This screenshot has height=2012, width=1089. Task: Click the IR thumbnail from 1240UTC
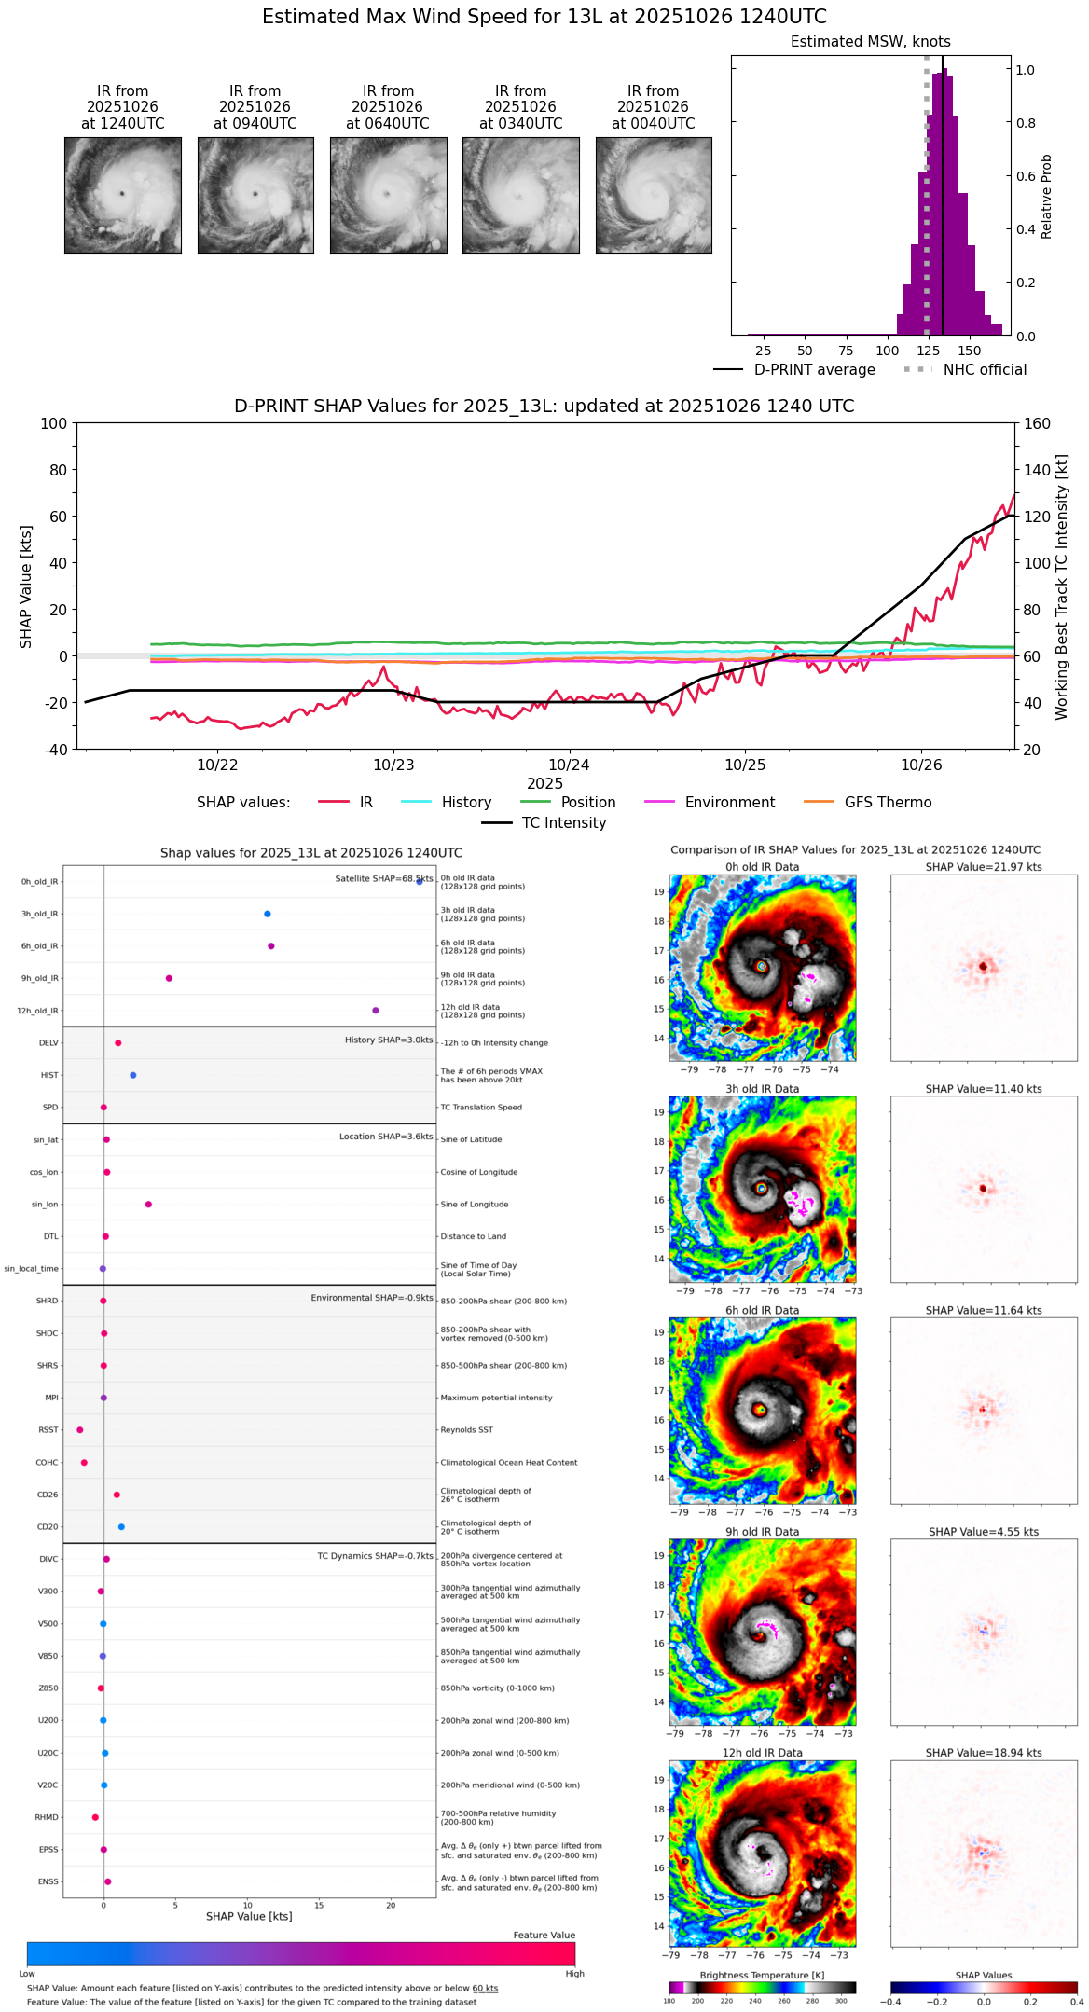coord(122,195)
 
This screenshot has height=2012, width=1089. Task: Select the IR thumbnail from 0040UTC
coord(654,195)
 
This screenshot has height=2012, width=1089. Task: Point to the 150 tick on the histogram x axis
coord(970,351)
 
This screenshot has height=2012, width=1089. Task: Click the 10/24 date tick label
coord(569,765)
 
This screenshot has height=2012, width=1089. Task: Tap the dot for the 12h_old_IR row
coord(376,1011)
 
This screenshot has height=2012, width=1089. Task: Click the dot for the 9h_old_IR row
coord(169,978)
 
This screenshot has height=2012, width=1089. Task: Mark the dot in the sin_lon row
coord(148,1205)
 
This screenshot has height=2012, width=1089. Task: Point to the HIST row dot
coord(133,1075)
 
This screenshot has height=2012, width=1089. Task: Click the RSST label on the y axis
coord(48,1430)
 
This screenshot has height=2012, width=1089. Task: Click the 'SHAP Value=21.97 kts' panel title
coord(984,867)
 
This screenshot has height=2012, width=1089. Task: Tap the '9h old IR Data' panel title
coord(762,1532)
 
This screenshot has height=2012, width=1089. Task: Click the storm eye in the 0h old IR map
coord(762,966)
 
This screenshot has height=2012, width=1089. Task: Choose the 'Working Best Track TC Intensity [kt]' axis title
coord(1062,587)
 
